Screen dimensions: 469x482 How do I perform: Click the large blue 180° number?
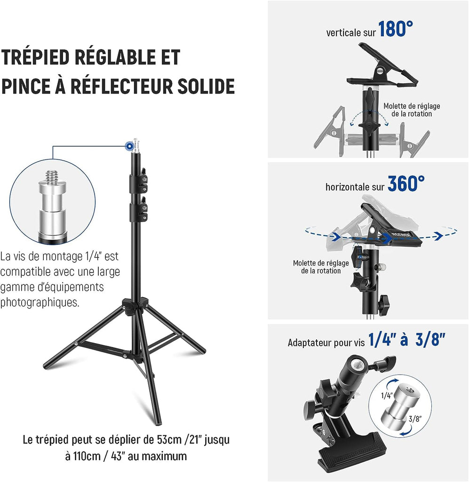[396, 29]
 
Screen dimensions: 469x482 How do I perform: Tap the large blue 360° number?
[406, 184]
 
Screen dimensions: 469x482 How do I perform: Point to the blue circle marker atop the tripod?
[129, 146]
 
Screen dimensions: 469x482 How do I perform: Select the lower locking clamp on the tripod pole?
[138, 209]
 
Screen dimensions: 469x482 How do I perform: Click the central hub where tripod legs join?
[135, 305]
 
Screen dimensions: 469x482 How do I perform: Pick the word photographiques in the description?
[40, 303]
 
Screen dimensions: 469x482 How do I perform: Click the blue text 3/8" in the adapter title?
[430, 340]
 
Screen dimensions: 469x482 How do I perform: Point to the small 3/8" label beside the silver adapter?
[415, 418]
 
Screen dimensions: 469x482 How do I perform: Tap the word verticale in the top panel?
[343, 32]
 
